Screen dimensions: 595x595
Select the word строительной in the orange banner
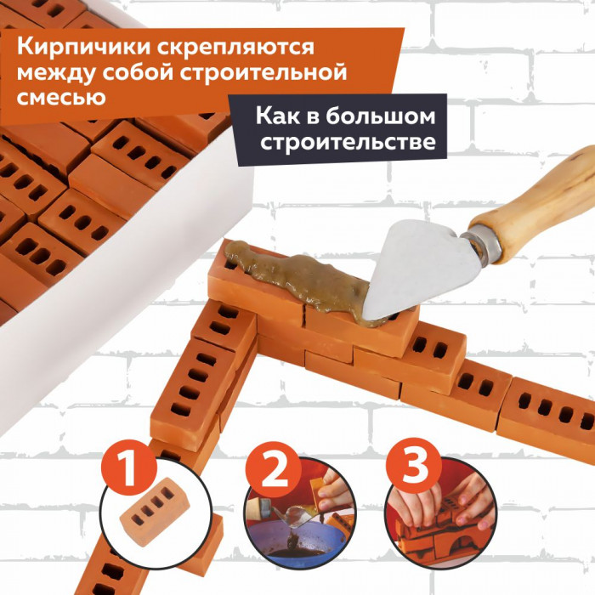click(263, 72)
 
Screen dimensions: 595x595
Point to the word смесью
click(61, 97)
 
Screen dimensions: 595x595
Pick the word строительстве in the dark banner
click(348, 142)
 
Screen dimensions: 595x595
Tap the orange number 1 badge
click(129, 467)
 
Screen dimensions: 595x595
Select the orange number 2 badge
click(273, 469)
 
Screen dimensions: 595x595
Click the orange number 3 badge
click(414, 467)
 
